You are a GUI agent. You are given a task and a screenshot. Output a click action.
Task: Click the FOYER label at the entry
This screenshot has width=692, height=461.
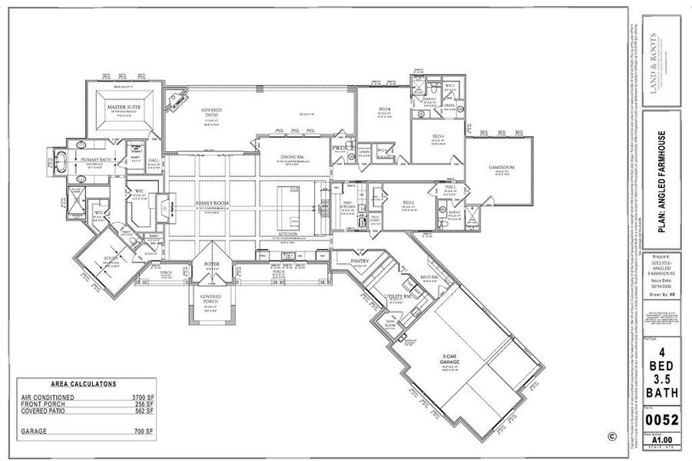[211, 264]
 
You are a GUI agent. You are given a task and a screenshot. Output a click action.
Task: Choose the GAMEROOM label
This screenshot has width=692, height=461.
[502, 167]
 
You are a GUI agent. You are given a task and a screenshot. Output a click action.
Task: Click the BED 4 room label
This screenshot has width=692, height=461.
[384, 108]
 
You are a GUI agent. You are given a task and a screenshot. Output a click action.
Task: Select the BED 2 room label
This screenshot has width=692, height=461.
[409, 203]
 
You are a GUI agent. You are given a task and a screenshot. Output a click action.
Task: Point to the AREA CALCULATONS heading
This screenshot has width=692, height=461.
[84, 383]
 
